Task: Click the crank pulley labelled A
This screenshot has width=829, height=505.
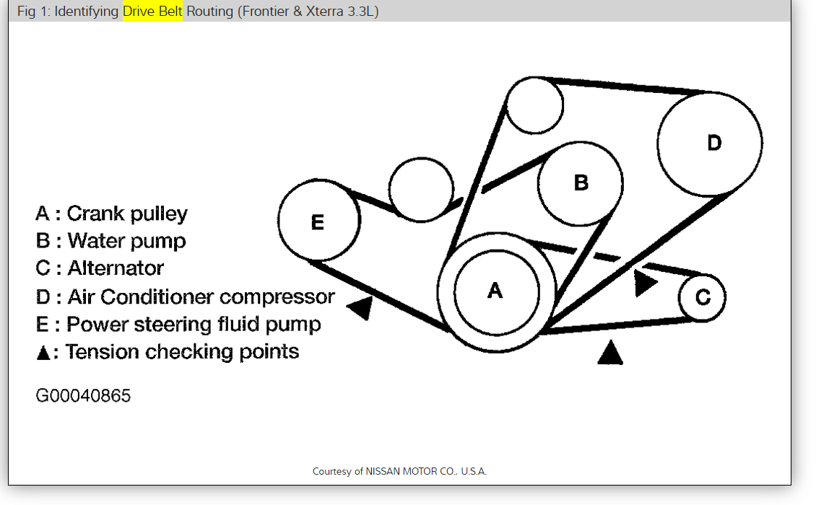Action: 496,291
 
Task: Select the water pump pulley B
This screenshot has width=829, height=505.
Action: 581,183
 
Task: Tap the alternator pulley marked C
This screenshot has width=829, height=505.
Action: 702,297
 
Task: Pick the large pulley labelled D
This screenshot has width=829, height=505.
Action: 710,144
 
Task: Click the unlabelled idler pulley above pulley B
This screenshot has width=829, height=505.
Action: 534,105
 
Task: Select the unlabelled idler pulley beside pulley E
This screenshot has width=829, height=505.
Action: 421,190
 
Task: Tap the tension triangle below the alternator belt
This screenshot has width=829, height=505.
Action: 611,353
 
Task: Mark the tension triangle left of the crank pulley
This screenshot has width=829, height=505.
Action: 362,308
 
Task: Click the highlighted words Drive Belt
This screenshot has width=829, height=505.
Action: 152,12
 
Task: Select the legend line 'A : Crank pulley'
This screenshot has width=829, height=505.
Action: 111,214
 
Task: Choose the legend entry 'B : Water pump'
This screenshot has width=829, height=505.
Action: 110,240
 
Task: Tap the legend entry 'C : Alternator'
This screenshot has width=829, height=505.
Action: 100,268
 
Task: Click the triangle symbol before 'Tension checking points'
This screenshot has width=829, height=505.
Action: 43,353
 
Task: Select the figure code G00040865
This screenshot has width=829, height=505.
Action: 83,396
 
